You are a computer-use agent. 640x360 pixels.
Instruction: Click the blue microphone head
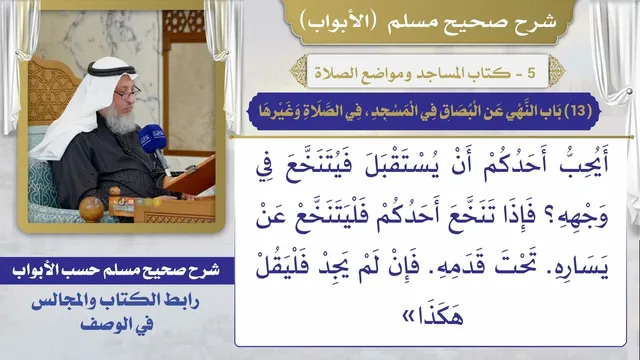tap(152, 139)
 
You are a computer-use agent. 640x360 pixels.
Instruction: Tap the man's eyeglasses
tap(127, 94)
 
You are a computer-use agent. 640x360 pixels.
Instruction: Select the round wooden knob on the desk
tap(91, 209)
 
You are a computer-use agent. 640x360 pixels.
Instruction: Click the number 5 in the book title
tap(531, 73)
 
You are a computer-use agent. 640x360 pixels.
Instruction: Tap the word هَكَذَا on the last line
tap(439, 316)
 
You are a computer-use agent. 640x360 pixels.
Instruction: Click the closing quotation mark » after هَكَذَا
tap(408, 317)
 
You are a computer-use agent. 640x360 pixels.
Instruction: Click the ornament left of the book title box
tap(299, 71)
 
